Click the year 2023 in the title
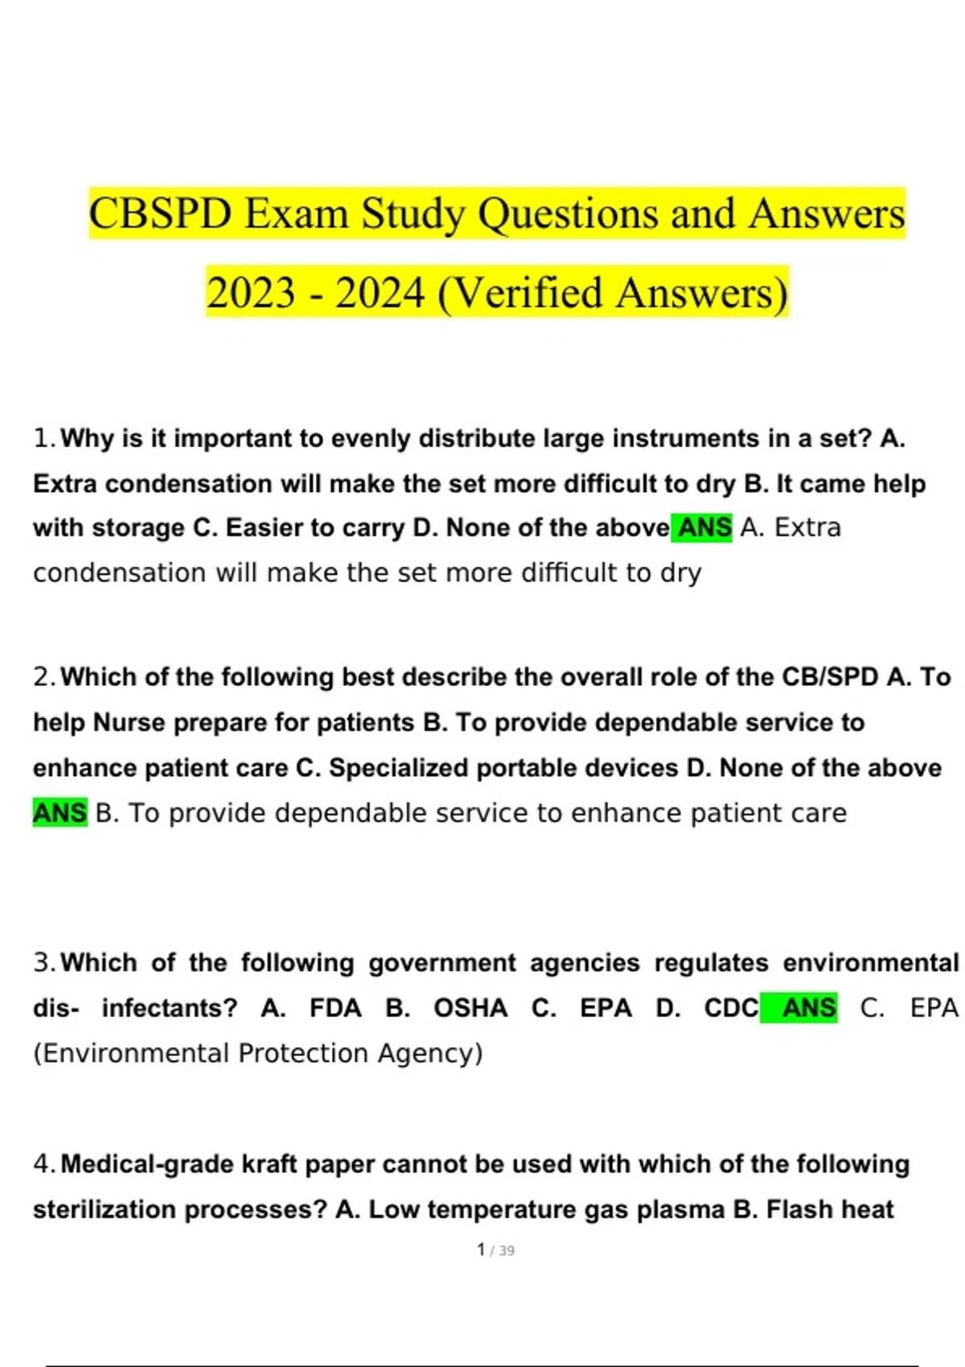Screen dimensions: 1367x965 tap(252, 294)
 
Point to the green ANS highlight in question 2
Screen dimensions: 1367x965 tap(60, 813)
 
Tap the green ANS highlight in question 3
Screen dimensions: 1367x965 tap(809, 1008)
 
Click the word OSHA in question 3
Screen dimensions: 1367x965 tap(470, 1008)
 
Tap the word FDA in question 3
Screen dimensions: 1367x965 tap(335, 1008)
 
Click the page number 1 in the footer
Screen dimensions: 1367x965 tap(481, 1250)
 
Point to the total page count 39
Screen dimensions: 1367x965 tap(507, 1250)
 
